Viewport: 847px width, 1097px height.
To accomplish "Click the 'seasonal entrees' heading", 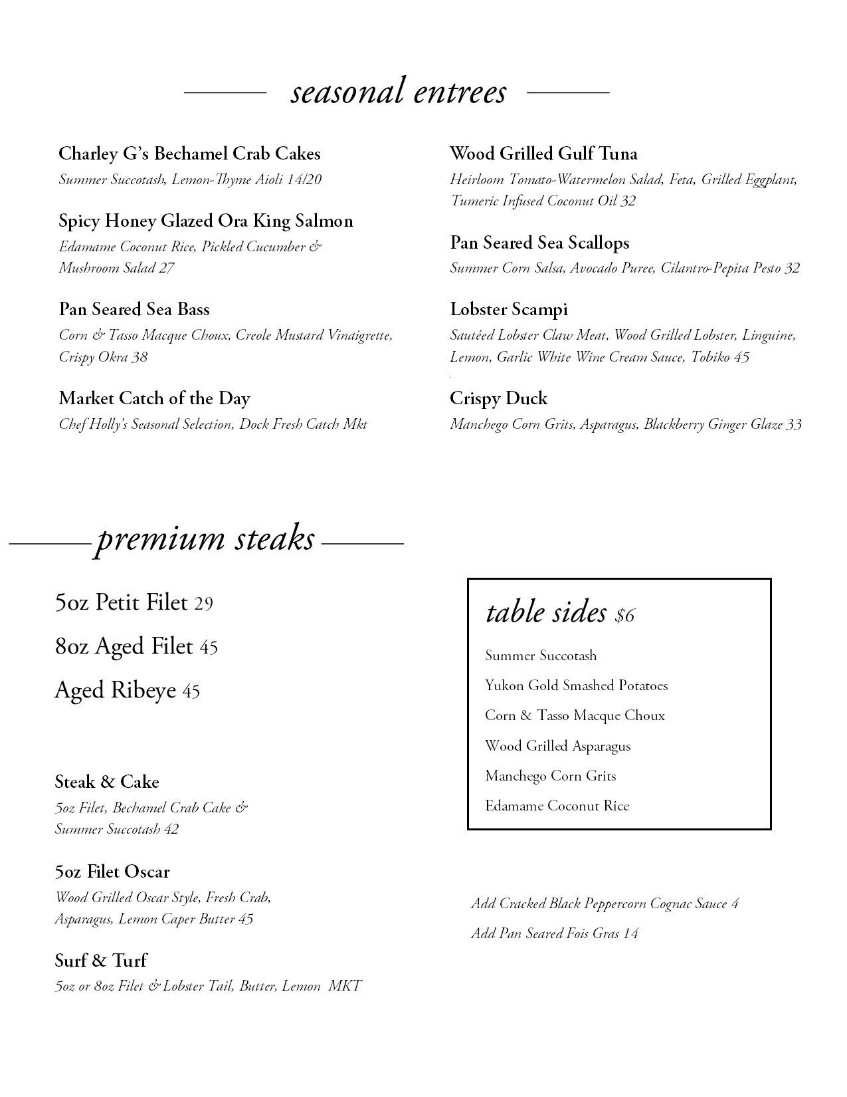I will click(x=398, y=92).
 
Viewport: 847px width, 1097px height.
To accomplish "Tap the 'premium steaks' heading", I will click(x=205, y=539).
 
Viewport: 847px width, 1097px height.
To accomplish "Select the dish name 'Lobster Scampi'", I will click(x=508, y=309).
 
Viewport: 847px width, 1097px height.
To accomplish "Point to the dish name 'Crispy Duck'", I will click(x=498, y=398).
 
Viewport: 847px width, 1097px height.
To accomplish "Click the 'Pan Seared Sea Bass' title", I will click(x=134, y=309).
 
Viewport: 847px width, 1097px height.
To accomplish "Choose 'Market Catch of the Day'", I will click(x=154, y=398).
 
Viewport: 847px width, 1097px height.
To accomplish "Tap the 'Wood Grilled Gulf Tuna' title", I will click(x=543, y=154).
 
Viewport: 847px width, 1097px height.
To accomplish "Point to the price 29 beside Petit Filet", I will click(x=203, y=604).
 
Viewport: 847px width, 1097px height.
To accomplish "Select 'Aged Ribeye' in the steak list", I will click(x=115, y=690).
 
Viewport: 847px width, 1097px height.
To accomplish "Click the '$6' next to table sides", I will click(x=625, y=616).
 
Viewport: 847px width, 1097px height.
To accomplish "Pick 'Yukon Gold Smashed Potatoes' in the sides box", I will click(x=576, y=685).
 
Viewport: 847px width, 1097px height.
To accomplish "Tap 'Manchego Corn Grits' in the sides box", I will click(x=550, y=776).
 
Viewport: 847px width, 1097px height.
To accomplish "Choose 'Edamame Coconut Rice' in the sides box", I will click(x=557, y=806).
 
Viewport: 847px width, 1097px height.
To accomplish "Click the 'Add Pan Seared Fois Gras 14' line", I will click(x=555, y=933).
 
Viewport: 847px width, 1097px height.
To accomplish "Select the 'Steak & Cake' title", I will click(x=107, y=782).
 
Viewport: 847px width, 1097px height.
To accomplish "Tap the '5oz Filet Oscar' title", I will click(x=112, y=872).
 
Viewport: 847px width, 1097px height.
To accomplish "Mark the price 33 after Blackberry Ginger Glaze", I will click(x=793, y=424).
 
